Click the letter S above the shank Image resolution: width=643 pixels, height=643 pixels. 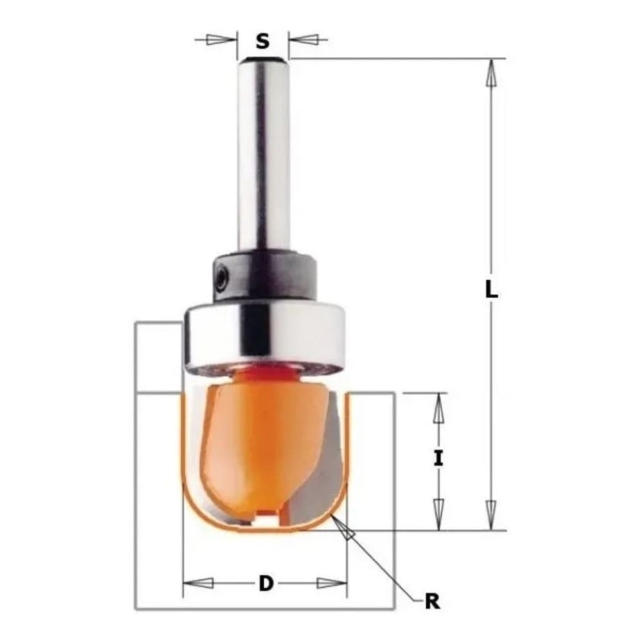(x=262, y=42)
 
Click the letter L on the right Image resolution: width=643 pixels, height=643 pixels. (x=491, y=291)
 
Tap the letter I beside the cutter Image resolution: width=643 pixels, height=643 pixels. (x=439, y=459)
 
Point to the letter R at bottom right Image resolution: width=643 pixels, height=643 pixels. (x=432, y=602)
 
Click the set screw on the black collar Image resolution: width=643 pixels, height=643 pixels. (x=222, y=278)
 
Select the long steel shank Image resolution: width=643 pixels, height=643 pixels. (x=263, y=154)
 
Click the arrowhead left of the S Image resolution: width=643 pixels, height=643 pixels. (x=222, y=40)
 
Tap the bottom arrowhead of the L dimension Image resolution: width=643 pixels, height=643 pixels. (x=491, y=514)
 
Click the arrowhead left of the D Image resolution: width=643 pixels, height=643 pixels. (x=199, y=583)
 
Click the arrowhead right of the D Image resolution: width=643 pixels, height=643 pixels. (x=331, y=583)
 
